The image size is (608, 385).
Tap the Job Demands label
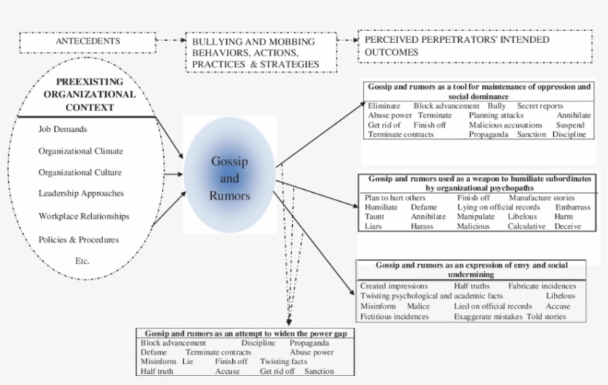pos(63,129)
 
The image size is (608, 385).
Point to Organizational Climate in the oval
pos(80,151)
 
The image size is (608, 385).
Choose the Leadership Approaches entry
pos(82,194)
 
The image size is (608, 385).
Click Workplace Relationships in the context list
pos(84,217)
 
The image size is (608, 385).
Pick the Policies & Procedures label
pos(79,240)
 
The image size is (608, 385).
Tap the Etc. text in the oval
pos(82,261)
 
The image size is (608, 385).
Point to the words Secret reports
pos(540,106)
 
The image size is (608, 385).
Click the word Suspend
pos(570,125)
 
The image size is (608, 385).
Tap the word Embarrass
pos(572,208)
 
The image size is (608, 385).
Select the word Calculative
pos(526,226)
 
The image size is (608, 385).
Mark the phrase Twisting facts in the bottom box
pos(282,361)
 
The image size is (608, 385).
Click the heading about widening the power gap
pos(245,334)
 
